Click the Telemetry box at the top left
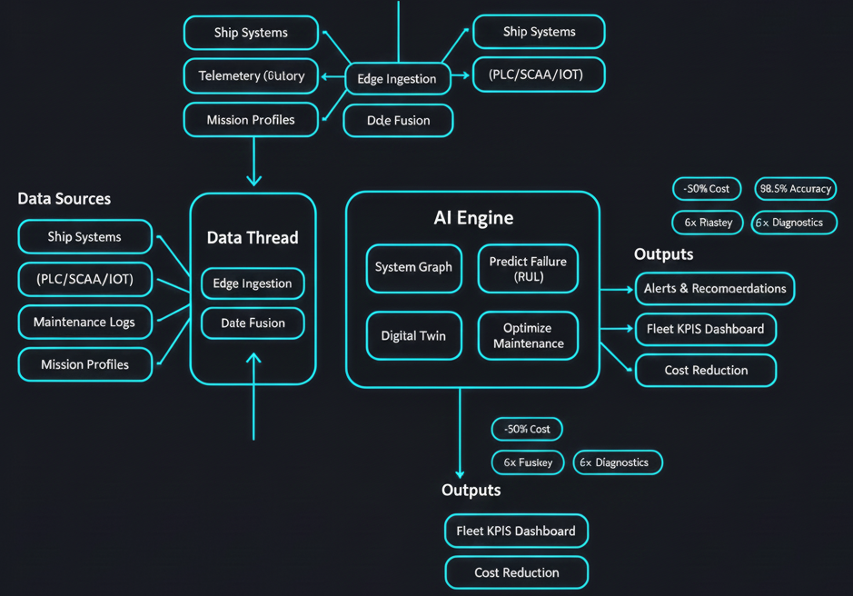click(x=251, y=76)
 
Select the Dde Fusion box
click(x=398, y=120)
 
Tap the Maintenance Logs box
click(x=84, y=322)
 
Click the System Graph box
click(x=413, y=268)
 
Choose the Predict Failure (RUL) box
click(x=528, y=268)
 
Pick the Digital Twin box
click(x=413, y=335)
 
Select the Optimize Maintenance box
click(x=528, y=335)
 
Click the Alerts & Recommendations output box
click(x=714, y=288)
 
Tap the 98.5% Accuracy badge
click(x=796, y=189)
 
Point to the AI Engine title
click(x=473, y=218)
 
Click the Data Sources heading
click(x=64, y=199)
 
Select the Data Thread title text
click(x=253, y=238)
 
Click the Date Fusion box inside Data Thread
click(x=253, y=323)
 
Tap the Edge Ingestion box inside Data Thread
click(x=253, y=283)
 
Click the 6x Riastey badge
click(x=708, y=223)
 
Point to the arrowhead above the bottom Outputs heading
click(x=460, y=472)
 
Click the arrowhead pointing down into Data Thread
click(x=253, y=179)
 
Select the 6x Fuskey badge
click(x=528, y=462)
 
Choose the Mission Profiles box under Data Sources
click(x=84, y=364)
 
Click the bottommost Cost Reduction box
click(x=516, y=572)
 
